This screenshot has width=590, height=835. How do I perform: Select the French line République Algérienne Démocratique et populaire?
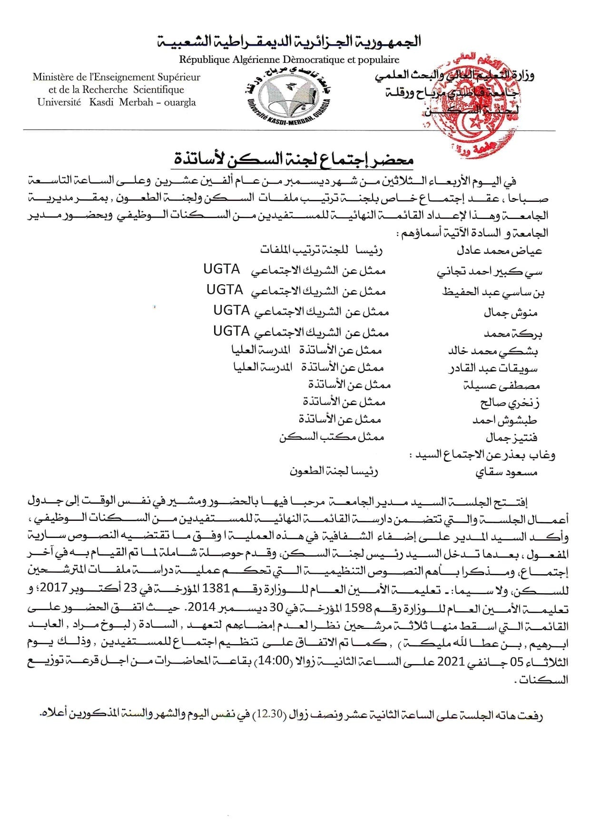coord(289,60)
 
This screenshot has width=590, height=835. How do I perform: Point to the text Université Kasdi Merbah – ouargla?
coord(117,102)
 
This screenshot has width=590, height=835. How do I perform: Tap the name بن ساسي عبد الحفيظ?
coord(493,292)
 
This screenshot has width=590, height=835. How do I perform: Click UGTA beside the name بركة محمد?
coord(231,331)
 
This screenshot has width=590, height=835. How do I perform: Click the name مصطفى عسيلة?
coord(501,386)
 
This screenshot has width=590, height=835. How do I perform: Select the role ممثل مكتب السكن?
coord(331,437)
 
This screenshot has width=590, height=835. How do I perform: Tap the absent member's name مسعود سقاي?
coord(506,472)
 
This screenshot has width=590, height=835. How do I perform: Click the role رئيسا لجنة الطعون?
coord(334,471)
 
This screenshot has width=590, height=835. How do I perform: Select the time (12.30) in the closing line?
coord(265,715)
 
